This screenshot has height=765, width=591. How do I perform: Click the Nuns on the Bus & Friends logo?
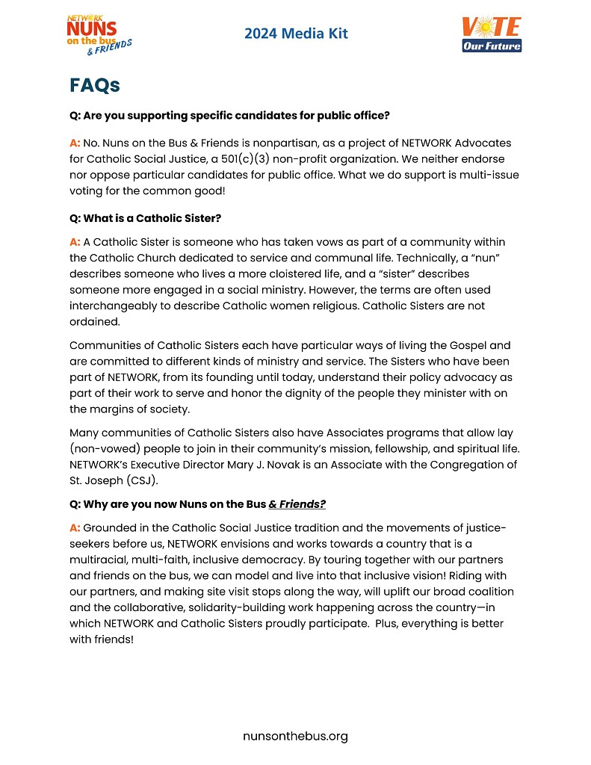coord(98,34)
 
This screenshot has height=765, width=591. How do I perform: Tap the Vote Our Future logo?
coord(492,34)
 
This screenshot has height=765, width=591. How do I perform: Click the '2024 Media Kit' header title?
coord(296,34)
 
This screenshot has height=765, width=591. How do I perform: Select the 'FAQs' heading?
coord(95,85)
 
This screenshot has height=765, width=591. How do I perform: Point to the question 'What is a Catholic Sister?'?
coord(145,218)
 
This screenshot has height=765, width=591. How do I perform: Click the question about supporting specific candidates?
coord(229,116)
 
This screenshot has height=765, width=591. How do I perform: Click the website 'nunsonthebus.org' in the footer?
coord(295,737)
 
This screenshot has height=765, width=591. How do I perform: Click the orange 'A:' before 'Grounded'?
coord(75,528)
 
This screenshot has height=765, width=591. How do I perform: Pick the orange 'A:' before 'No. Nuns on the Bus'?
coord(75,143)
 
